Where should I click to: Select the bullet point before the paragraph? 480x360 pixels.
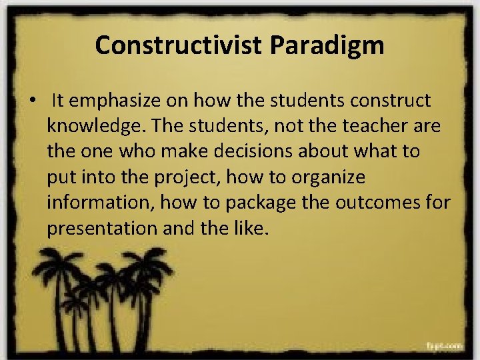click(32, 101)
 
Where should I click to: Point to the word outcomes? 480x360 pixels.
click(386, 202)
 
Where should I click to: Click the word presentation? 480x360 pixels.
click(101, 228)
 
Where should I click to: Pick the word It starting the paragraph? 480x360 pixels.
click(57, 101)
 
